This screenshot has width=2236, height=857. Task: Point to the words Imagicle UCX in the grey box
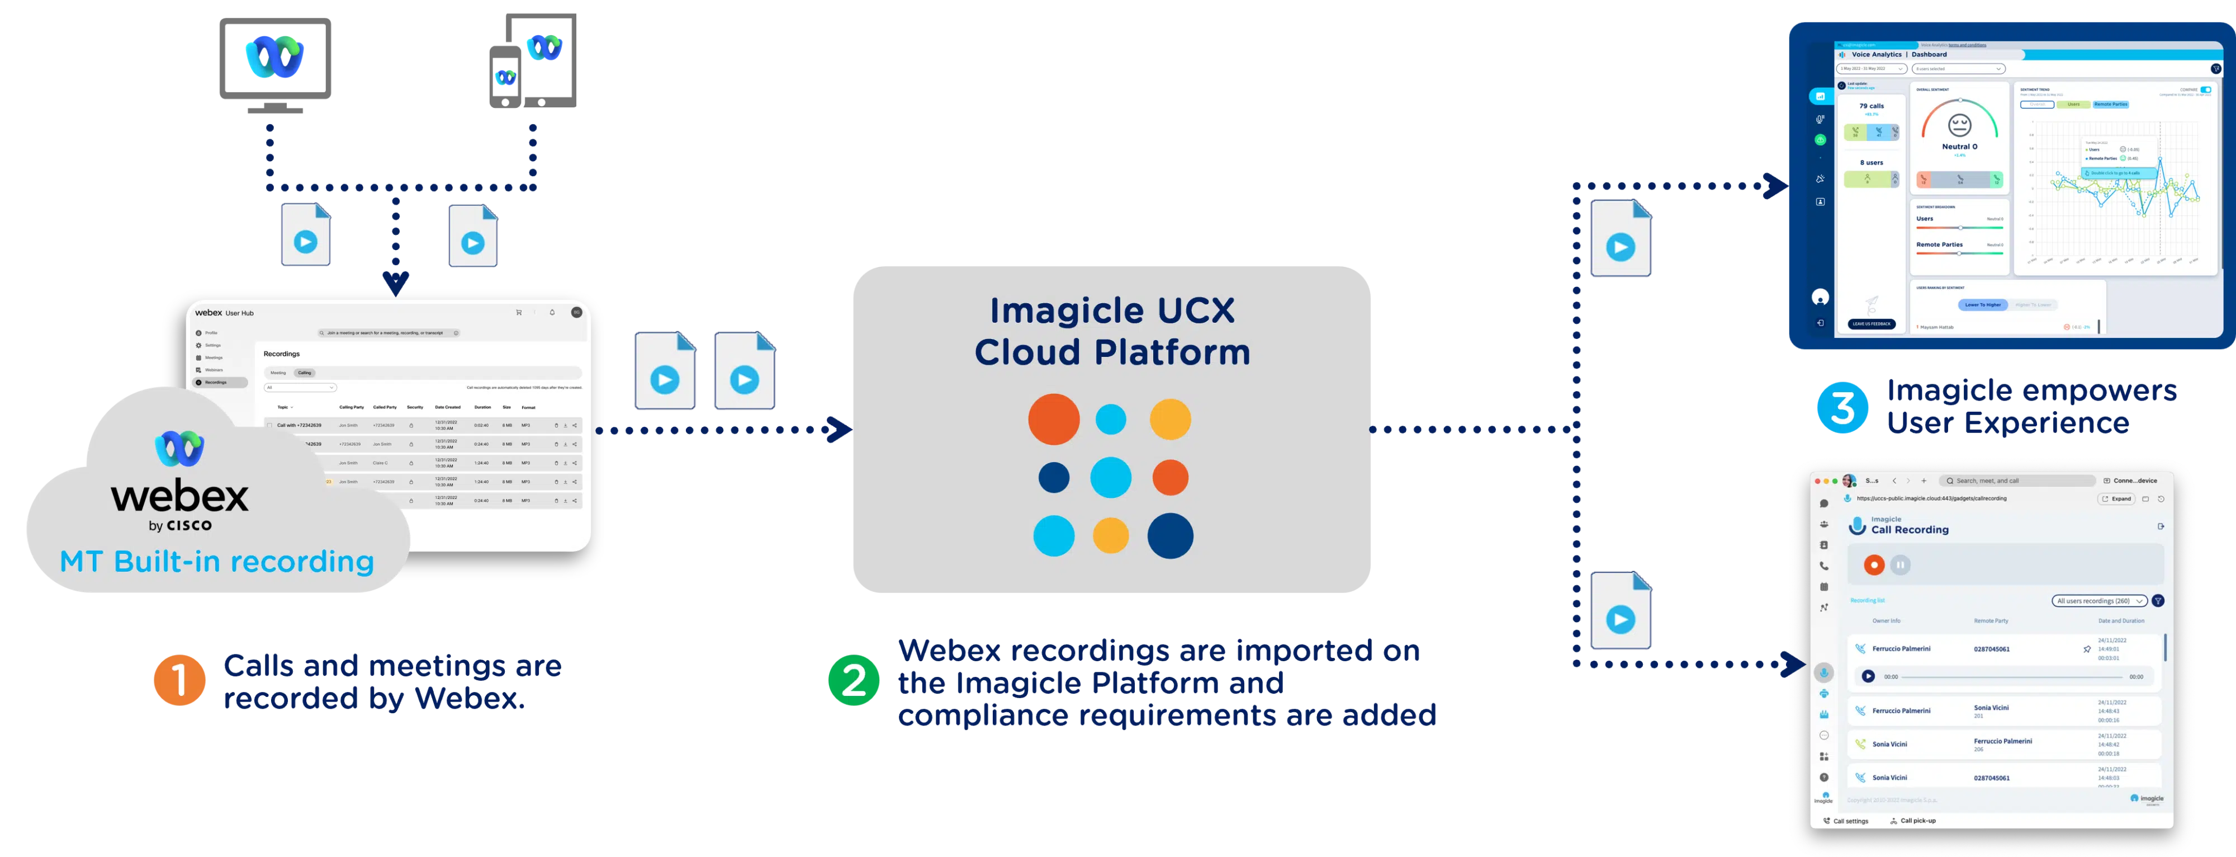pyautogui.click(x=1112, y=310)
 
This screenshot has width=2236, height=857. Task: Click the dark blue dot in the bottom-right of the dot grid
pyautogui.click(x=1170, y=536)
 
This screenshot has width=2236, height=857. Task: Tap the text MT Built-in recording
pyautogui.click(x=217, y=562)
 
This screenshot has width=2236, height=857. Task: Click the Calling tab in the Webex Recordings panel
pyautogui.click(x=305, y=373)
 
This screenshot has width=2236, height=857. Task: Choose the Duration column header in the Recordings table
pyautogui.click(x=482, y=407)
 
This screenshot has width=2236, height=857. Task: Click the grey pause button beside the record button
pyautogui.click(x=1900, y=565)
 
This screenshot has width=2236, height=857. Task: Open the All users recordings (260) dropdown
pyautogui.click(x=2099, y=601)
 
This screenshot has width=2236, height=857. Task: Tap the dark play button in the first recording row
pyautogui.click(x=1868, y=676)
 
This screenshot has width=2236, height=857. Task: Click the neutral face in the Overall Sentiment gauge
pyautogui.click(x=1960, y=125)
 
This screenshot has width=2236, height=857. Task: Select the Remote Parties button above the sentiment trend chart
pyautogui.click(x=2111, y=104)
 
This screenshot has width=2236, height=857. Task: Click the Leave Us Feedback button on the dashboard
pyautogui.click(x=1872, y=324)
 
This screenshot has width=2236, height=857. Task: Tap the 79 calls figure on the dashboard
pyautogui.click(x=1872, y=106)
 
